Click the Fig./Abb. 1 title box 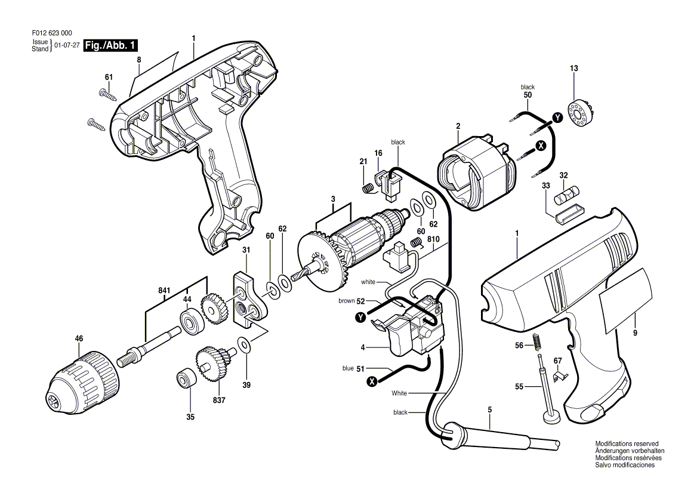110,45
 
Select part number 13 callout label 574,69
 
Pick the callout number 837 219,400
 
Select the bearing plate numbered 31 249,301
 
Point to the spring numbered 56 538,343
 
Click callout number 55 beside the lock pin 519,387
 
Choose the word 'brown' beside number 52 346,301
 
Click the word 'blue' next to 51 348,368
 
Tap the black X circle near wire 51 372,381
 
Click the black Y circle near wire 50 557,118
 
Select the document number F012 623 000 52,33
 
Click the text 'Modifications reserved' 627,443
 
